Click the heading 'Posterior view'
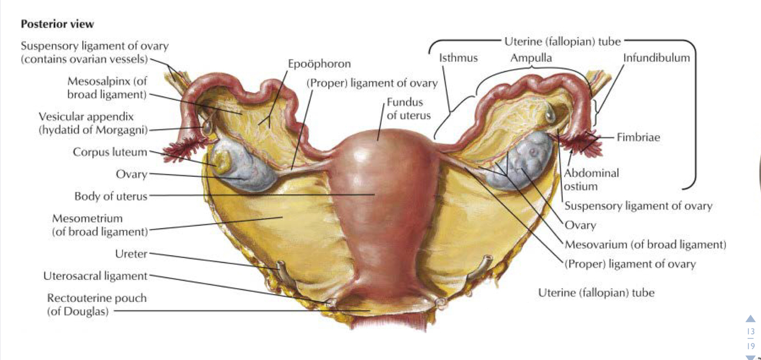point(57,25)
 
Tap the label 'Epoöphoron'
point(319,64)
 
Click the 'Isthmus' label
point(458,58)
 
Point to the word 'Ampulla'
point(531,58)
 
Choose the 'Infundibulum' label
point(656,58)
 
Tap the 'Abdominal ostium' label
point(591,179)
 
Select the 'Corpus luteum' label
point(110,152)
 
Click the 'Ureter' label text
point(131,254)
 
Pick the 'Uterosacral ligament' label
point(95,276)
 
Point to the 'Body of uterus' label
point(111,196)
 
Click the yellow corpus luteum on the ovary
point(222,159)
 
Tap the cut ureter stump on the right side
point(485,264)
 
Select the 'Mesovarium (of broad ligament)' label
point(645,245)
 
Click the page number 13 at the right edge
point(750,332)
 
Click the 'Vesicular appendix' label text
point(86,116)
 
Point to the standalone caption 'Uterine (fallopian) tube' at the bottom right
point(596,293)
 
